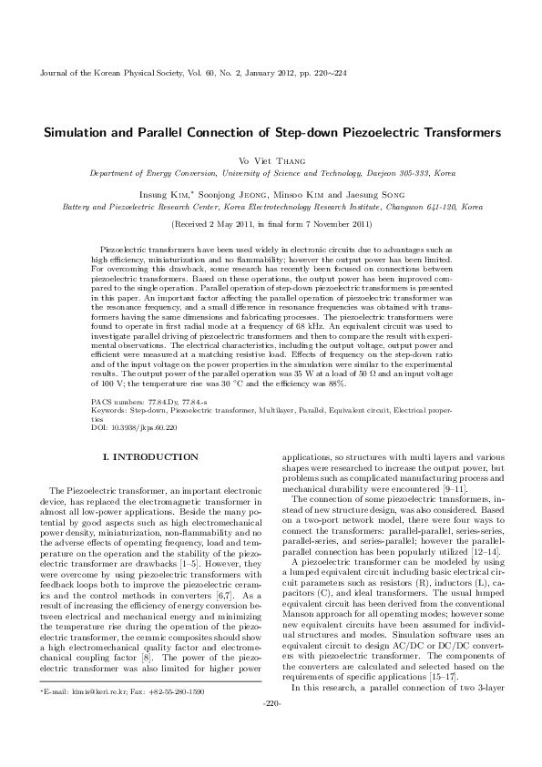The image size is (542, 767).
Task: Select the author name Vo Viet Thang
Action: (271, 159)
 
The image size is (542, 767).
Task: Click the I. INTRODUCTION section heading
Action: (149, 455)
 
